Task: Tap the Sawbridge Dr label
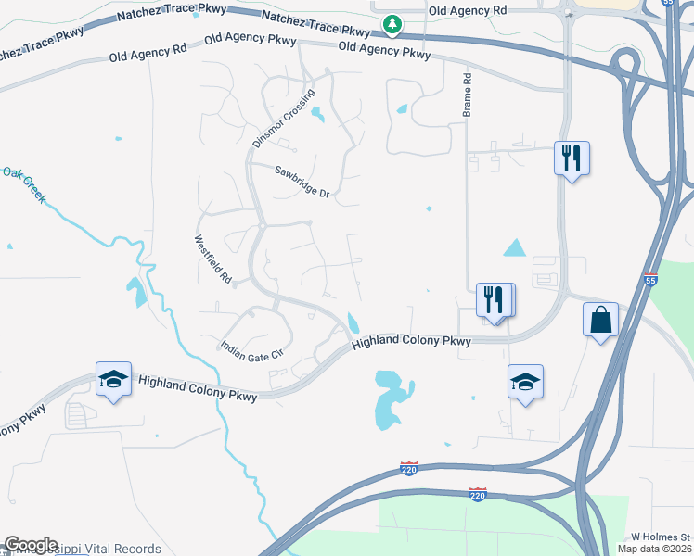[x=302, y=181]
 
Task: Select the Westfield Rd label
[x=212, y=259]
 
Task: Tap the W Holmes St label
[x=661, y=537]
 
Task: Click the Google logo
[x=31, y=545]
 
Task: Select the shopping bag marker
[x=601, y=321]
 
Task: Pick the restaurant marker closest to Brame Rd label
[x=571, y=158]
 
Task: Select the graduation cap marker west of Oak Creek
[x=113, y=380]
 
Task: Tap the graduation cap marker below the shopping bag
[x=525, y=382]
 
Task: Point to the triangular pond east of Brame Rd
[x=514, y=247]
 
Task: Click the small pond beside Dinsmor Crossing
[x=318, y=114]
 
